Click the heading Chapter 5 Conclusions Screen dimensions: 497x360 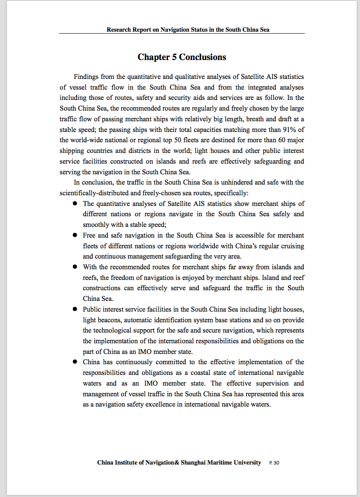[x=181, y=57]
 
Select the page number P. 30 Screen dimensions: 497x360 [x=274, y=463]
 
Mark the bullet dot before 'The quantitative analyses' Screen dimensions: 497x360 [x=75, y=203]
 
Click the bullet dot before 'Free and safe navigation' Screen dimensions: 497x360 [x=75, y=236]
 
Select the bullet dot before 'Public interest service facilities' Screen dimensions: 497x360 [x=75, y=309]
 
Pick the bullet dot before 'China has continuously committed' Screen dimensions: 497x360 [x=75, y=362]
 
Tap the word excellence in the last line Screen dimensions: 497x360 [x=165, y=404]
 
